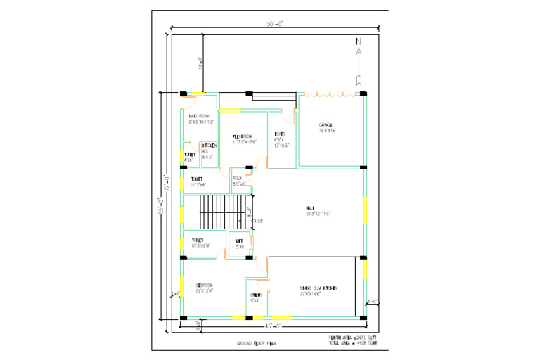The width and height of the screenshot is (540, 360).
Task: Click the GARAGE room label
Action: pos(309,124)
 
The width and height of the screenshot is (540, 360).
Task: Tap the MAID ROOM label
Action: pos(199,116)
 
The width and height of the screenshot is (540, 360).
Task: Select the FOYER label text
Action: pos(279,134)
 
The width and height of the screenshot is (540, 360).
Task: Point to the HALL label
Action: pos(310,207)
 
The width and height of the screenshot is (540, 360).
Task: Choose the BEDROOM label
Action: pos(205,285)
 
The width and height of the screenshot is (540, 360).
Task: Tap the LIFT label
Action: pos(240,241)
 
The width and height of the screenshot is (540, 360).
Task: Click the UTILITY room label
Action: pos(257,295)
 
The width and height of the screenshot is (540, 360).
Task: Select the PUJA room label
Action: pos(238,179)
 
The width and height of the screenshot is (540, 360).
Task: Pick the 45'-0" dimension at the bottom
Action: pos(274,326)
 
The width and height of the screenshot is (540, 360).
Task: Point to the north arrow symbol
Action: pos(359,60)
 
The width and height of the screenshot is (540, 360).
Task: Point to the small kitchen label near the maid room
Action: pos(209,146)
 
